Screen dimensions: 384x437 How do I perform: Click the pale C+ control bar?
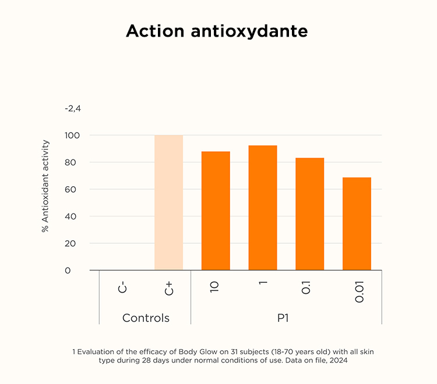[168, 202]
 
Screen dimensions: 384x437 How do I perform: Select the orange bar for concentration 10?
[216, 211]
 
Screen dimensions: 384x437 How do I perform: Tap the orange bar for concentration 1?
[263, 208]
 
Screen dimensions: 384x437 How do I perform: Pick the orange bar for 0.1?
[309, 214]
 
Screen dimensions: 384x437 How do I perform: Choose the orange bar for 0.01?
[357, 223]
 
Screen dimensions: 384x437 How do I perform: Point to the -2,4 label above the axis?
[72, 109]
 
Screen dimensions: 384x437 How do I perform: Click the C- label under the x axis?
[122, 287]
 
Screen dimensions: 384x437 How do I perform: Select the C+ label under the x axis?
[169, 287]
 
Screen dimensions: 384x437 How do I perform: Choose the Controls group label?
[146, 318]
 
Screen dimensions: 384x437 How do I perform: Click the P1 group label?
[286, 318]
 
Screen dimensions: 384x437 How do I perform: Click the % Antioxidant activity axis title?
[45, 186]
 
